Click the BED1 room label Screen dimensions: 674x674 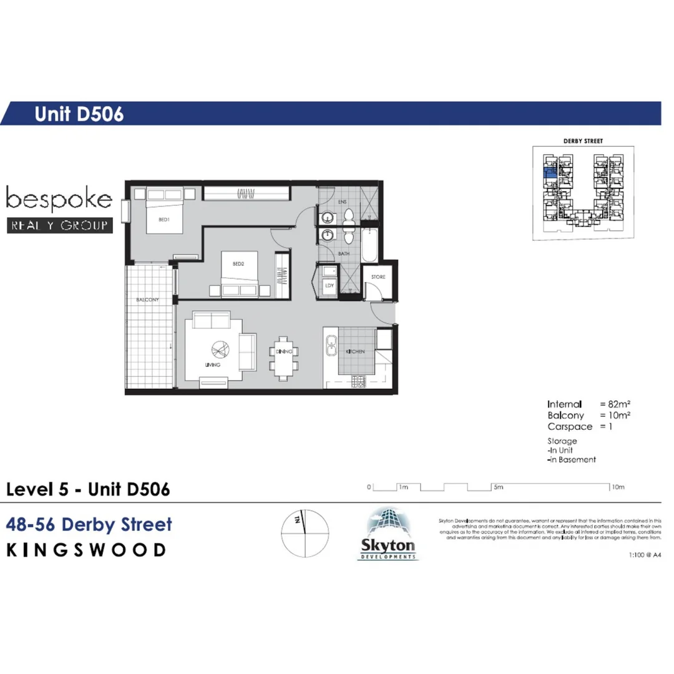(164, 220)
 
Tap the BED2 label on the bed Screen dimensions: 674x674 (238, 264)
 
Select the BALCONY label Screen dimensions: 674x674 (148, 300)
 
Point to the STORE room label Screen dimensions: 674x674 (378, 276)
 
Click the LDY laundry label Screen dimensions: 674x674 (329, 285)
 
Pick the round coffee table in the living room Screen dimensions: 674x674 (220, 350)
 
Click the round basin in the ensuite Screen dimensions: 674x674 (326, 217)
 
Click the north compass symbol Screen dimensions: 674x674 (305, 534)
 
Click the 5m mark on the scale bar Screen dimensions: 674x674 (498, 487)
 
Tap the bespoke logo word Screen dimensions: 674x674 (59, 200)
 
